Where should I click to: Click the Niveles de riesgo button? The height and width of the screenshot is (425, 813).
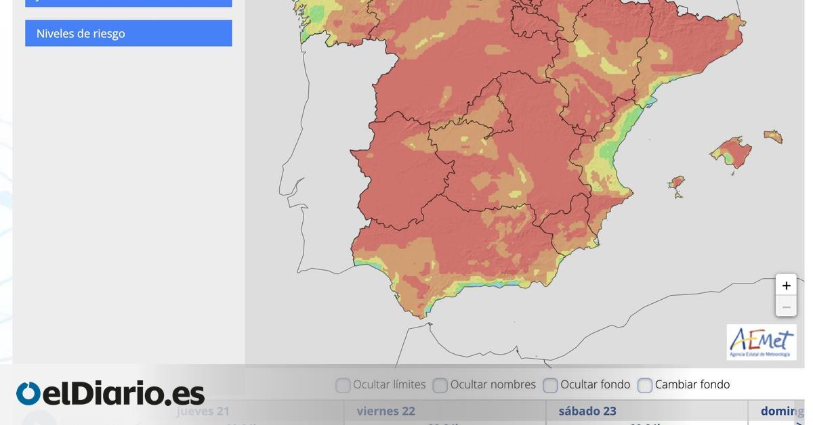point(128,33)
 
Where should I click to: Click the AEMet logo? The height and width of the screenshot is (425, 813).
point(762,342)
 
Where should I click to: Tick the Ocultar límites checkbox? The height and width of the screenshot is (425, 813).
point(343,385)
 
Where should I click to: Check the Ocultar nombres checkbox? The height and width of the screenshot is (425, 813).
point(440,385)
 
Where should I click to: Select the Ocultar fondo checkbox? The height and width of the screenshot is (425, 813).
point(550,385)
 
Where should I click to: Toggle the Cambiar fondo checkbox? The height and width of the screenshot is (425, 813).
point(645,385)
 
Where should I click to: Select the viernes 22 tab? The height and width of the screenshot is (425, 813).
point(386,411)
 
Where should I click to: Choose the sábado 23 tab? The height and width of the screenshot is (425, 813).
point(587,411)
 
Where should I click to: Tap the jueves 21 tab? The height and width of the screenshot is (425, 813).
point(203,411)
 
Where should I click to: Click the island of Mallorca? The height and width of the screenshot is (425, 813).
point(732,151)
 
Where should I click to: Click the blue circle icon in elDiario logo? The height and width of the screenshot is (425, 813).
point(28,394)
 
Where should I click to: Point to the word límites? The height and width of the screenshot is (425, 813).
point(405,384)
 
